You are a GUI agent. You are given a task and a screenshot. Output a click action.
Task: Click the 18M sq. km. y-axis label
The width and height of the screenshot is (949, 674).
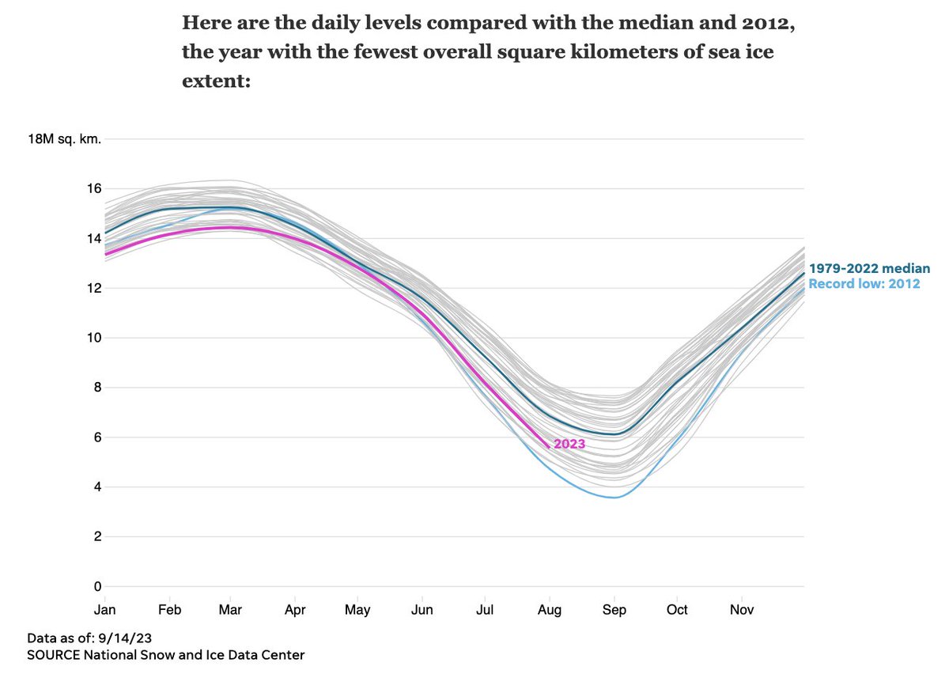click(64, 139)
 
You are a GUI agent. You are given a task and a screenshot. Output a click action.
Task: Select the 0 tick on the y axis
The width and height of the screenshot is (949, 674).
click(97, 586)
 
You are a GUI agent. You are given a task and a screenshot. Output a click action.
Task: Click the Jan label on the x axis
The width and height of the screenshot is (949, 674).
click(104, 610)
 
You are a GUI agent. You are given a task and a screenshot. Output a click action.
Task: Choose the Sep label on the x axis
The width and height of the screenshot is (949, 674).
click(614, 610)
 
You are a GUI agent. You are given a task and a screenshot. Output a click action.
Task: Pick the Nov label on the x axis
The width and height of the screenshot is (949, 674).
click(742, 610)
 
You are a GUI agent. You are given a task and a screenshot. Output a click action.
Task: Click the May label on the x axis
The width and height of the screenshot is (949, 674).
click(358, 610)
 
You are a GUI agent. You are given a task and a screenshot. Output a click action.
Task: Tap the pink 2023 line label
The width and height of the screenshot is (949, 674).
click(569, 444)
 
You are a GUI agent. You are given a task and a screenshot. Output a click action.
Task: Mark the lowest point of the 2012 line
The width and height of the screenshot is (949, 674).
click(614, 497)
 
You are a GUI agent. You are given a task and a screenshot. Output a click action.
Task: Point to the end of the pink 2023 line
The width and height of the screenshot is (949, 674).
click(548, 447)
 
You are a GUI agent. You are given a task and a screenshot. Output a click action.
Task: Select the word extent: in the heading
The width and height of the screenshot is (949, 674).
click(215, 81)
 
